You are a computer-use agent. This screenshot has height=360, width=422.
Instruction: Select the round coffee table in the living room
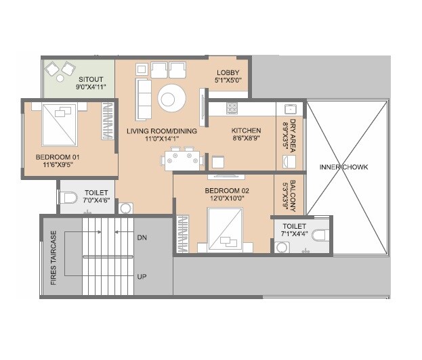pyautogui.click(x=170, y=98)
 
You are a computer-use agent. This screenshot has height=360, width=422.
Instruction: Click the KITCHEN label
pyautogui.click(x=246, y=131)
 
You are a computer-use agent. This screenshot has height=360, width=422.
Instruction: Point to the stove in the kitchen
pyautogui.click(x=232, y=107)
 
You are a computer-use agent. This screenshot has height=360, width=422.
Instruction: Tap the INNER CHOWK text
pyautogui.click(x=344, y=167)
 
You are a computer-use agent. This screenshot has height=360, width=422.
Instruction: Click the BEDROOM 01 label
pyautogui.click(x=58, y=158)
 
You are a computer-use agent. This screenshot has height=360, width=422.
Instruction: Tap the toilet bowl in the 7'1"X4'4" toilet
pyautogui.click(x=319, y=235)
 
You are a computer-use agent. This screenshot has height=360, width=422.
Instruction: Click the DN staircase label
pyautogui.click(x=142, y=238)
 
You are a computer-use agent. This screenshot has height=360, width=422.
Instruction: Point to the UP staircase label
pyautogui.click(x=142, y=277)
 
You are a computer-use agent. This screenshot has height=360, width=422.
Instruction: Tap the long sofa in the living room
pyautogui.click(x=143, y=98)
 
